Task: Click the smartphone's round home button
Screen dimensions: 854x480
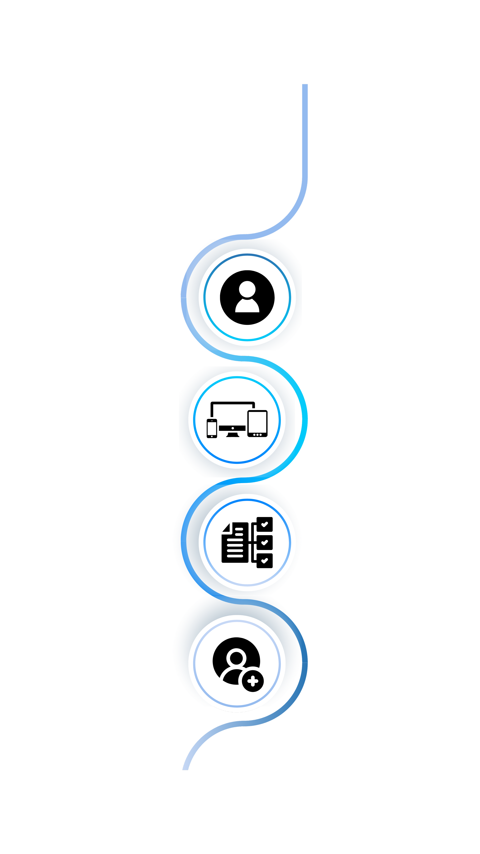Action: click(x=212, y=436)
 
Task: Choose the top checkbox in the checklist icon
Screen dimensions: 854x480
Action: click(x=264, y=524)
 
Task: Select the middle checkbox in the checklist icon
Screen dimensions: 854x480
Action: click(x=264, y=542)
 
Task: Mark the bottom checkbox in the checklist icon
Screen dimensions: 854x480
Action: click(x=264, y=561)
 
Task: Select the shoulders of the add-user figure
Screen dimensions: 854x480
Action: click(x=232, y=676)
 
